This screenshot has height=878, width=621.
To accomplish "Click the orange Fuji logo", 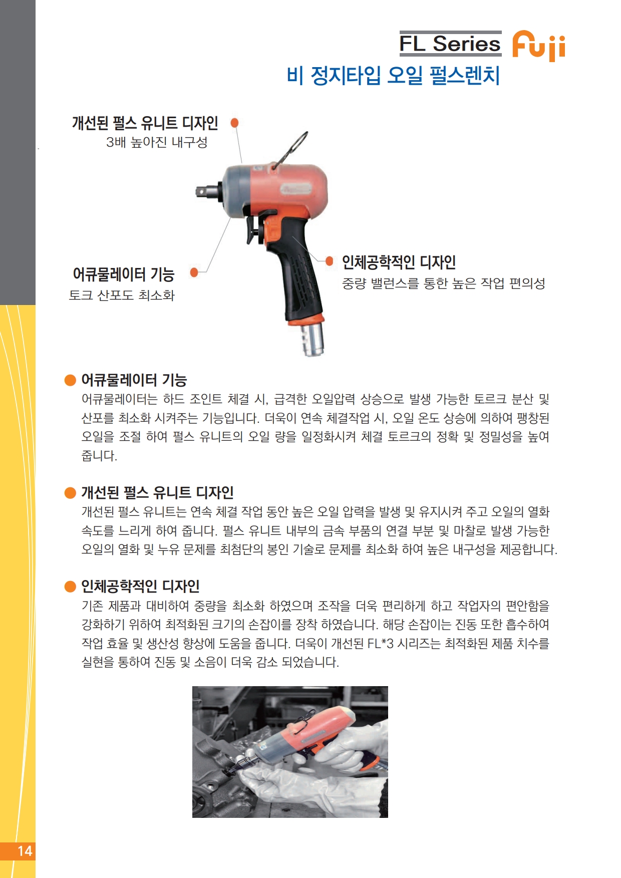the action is tap(538, 46).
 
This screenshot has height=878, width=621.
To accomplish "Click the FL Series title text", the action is tap(450, 44).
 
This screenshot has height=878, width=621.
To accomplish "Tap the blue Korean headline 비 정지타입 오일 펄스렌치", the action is tap(393, 76).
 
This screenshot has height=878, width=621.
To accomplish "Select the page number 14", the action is tap(25, 851).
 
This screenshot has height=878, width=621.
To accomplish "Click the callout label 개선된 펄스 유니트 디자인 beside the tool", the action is tap(145, 123).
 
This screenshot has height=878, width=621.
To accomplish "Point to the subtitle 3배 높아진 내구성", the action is tap(157, 142).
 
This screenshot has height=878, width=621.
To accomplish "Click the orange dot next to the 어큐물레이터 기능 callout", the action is tap(194, 272).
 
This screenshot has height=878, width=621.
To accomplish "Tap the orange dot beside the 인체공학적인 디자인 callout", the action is tap(330, 261).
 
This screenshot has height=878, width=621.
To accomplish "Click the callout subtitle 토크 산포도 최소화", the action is tap(122, 295).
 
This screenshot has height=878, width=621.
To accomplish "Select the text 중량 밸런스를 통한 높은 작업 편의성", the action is tap(443, 283).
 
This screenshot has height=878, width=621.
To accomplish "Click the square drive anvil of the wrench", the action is tap(206, 191).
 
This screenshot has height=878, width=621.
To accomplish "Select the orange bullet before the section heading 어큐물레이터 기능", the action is tap(70, 380).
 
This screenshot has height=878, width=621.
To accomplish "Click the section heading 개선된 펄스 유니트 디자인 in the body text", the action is tap(157, 493).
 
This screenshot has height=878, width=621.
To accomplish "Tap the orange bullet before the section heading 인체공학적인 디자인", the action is tap(70, 587).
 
